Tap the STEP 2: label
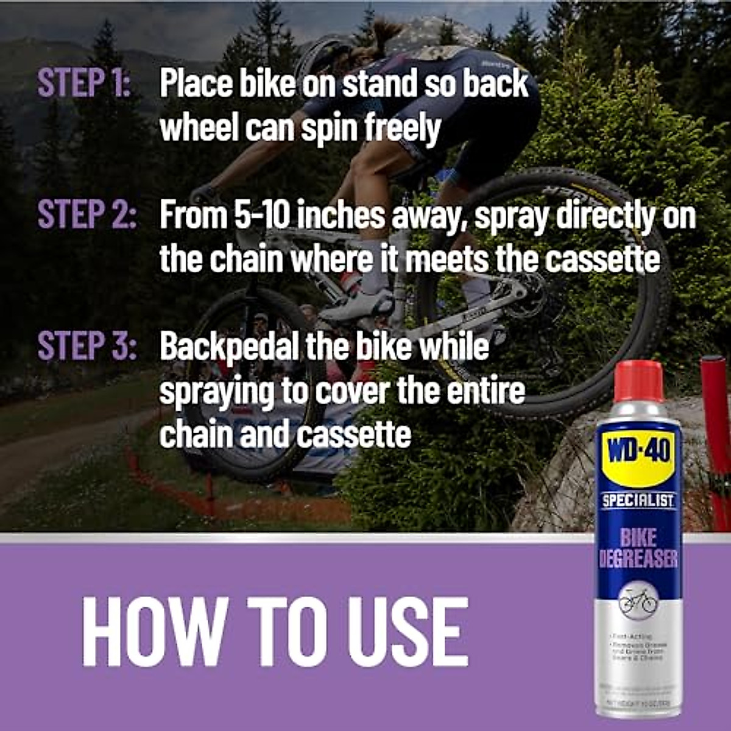tap(87, 214)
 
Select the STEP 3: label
tap(87, 346)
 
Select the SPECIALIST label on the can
tap(638, 501)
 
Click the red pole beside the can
tap(714, 414)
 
